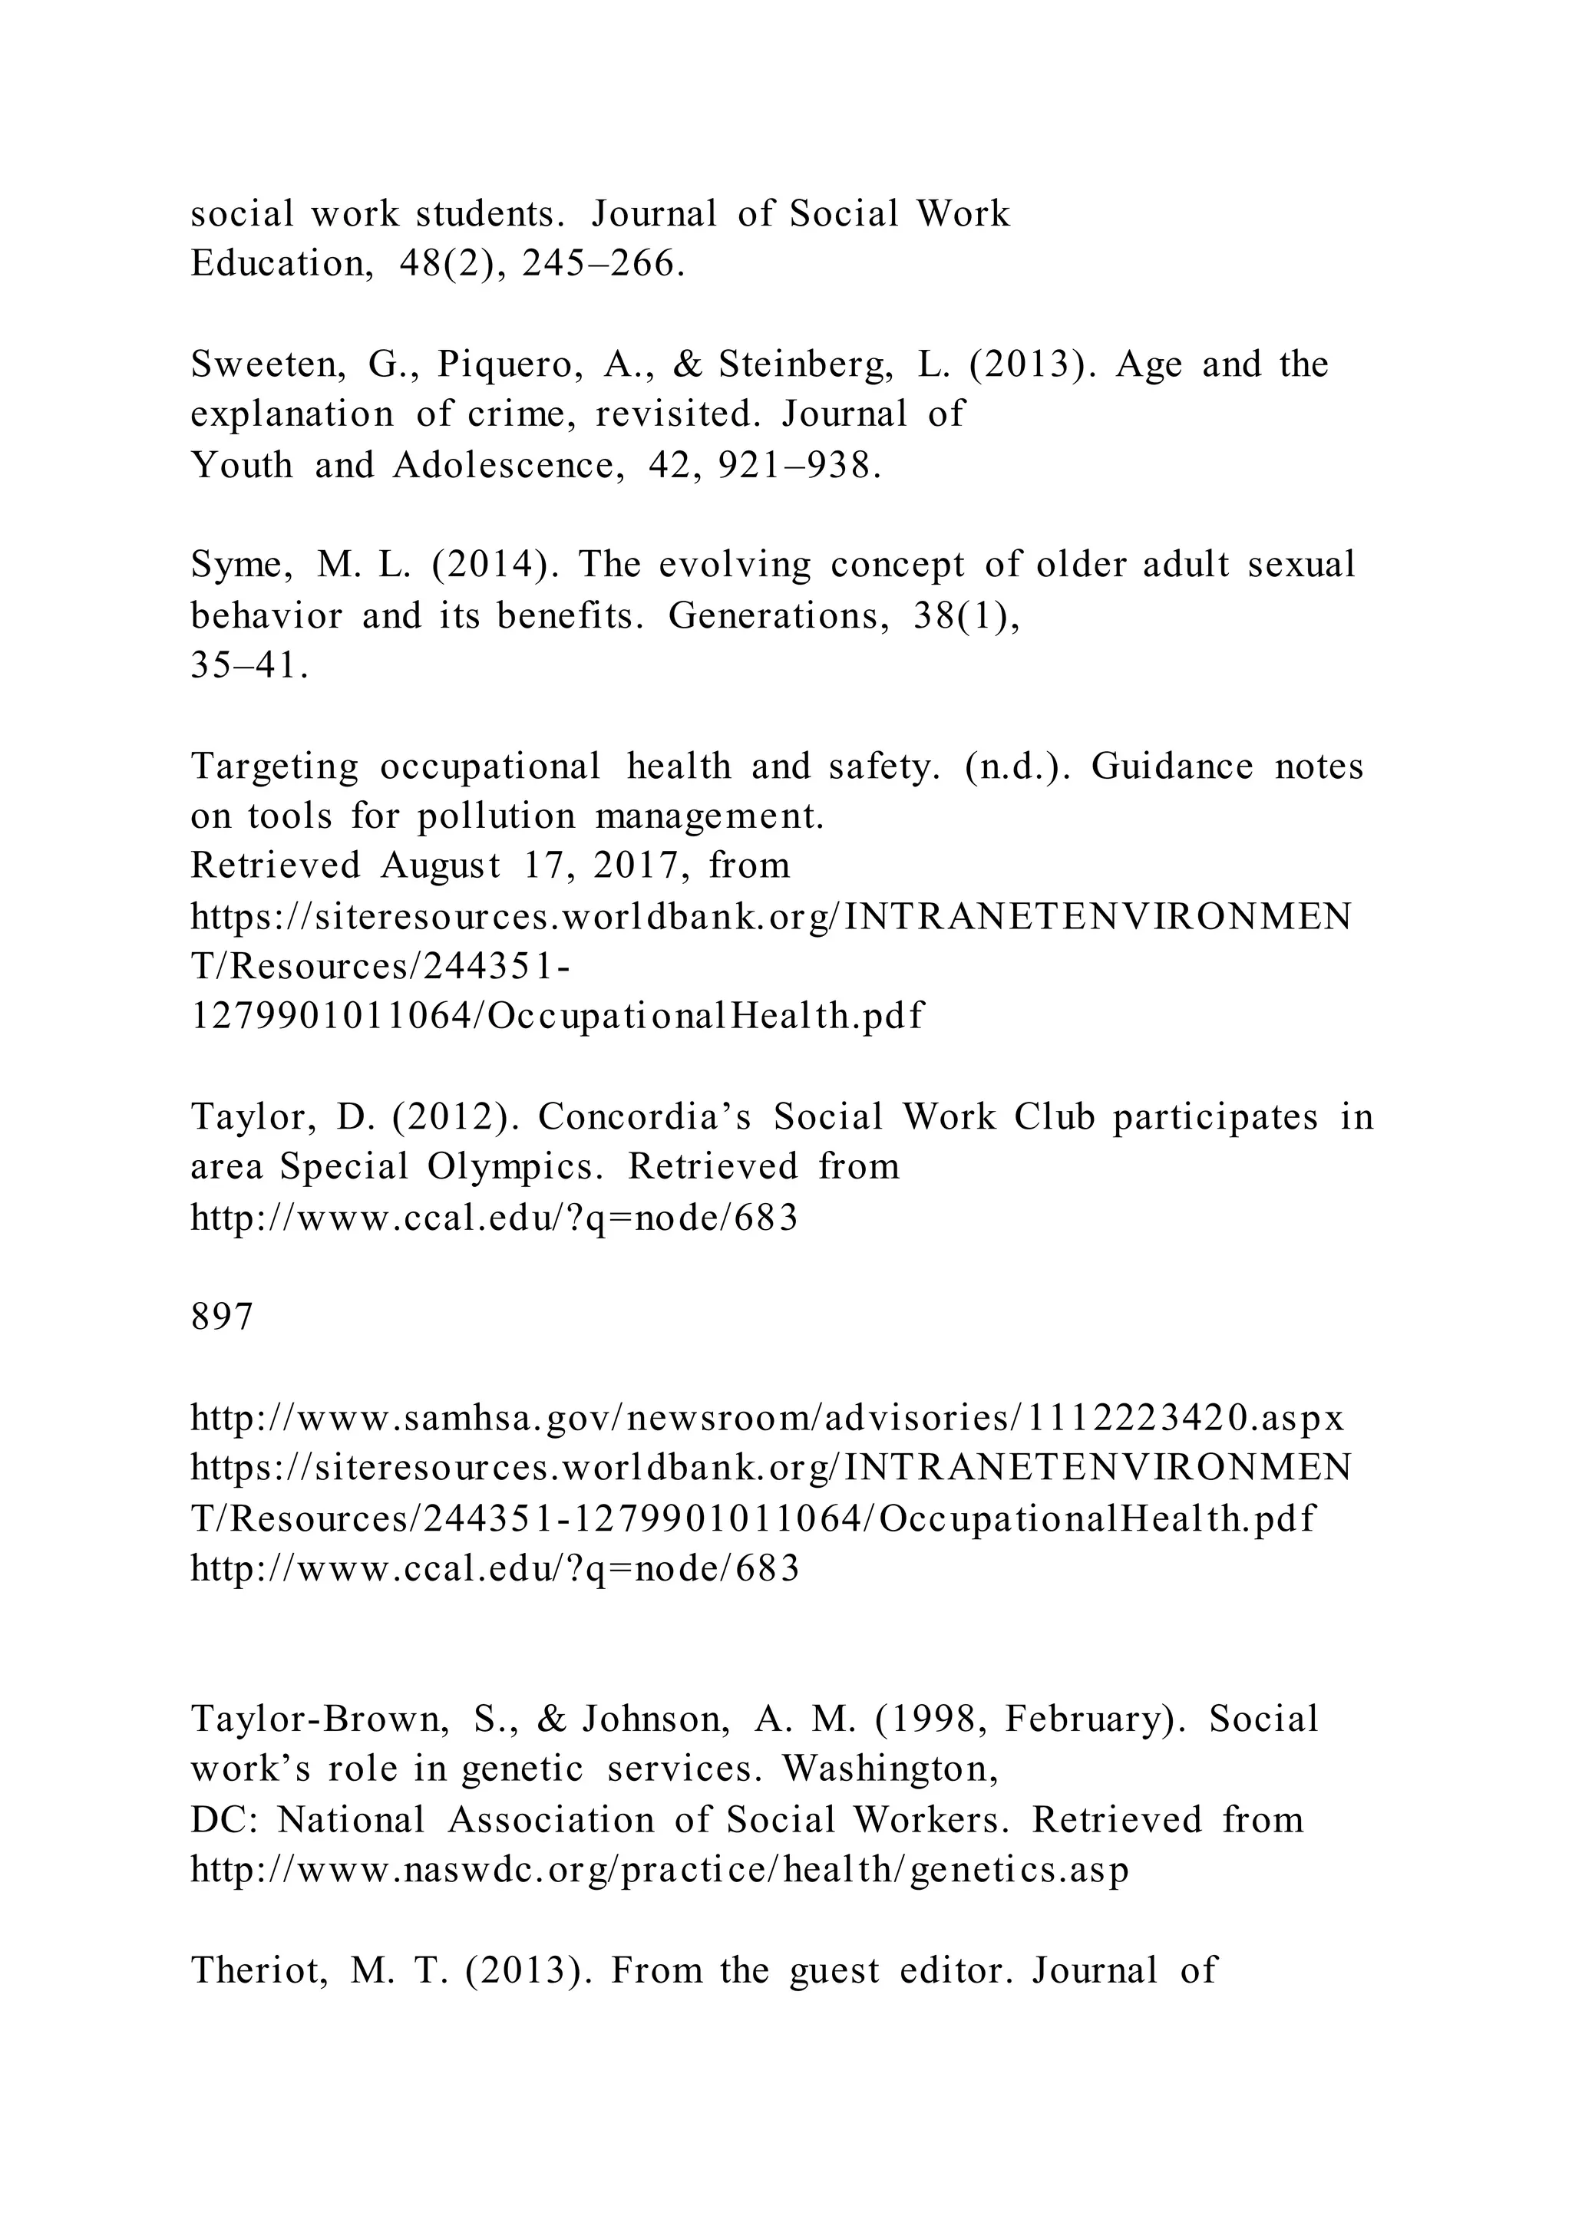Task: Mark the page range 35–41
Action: pyautogui.click(x=249, y=667)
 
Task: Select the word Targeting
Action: pyautogui.click(x=274, y=767)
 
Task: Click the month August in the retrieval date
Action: pyautogui.click(x=441, y=865)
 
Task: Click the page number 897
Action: pyautogui.click(x=222, y=1317)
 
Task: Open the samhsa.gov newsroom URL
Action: pyautogui.click(x=768, y=1419)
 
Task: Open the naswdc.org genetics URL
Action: pyautogui.click(x=659, y=1870)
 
